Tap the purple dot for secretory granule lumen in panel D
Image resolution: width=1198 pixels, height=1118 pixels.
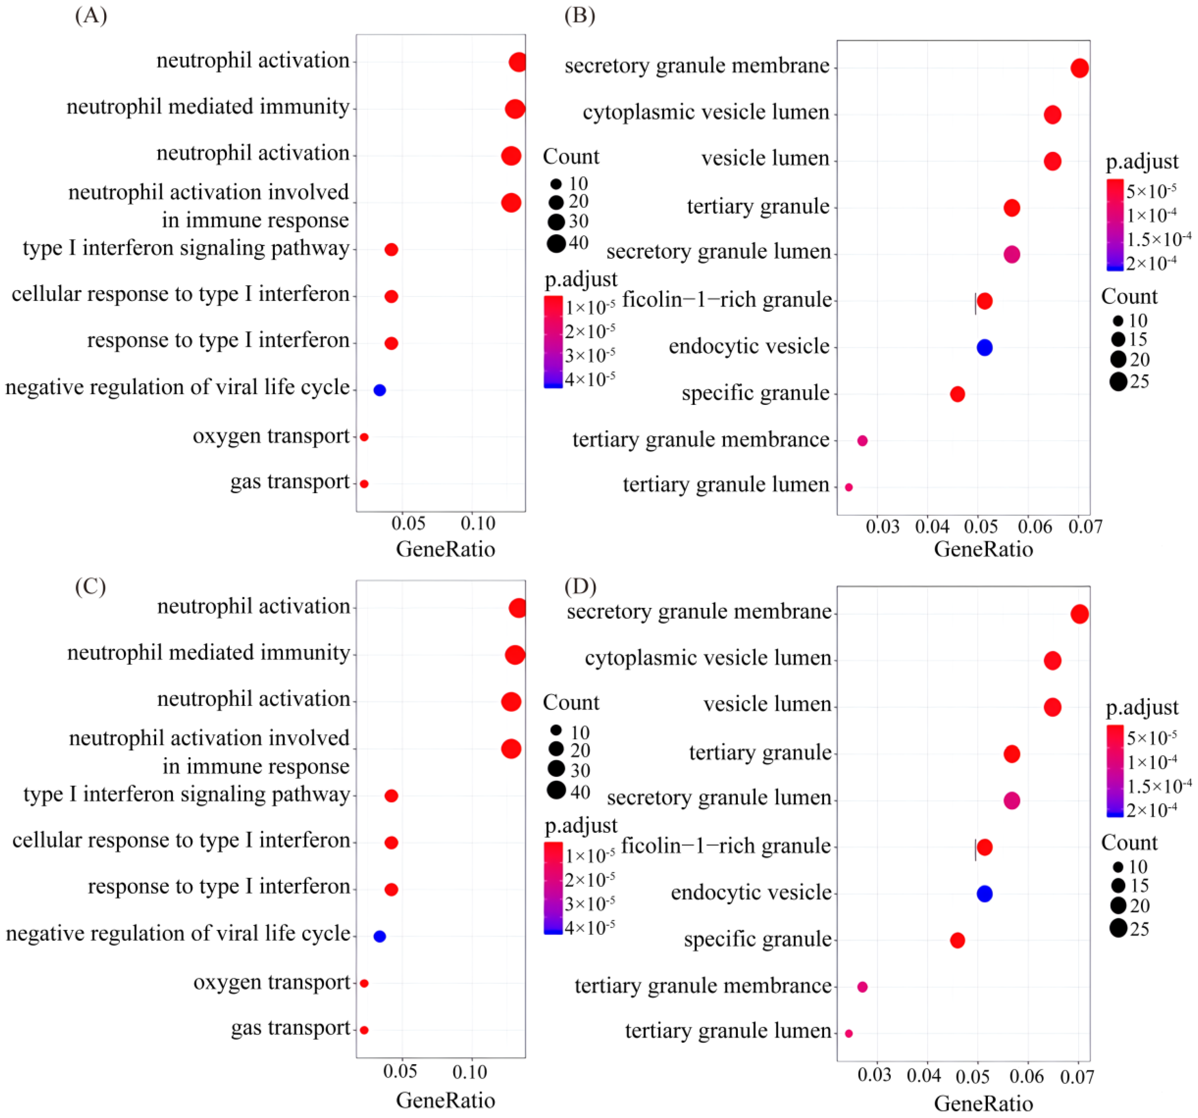point(1012,800)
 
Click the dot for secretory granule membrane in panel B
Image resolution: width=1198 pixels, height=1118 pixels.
point(1079,68)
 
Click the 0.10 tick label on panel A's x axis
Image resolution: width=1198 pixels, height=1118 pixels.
point(478,523)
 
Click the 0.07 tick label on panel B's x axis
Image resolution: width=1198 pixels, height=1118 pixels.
point(1085,527)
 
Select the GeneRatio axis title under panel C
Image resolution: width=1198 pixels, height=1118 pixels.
point(445,1101)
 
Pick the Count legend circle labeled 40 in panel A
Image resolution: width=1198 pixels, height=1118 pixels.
point(556,243)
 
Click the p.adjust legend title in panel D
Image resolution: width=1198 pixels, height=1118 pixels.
point(1142,707)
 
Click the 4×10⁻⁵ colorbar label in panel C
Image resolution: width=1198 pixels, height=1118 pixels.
point(589,928)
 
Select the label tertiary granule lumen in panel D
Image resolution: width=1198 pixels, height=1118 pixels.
point(728,1031)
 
